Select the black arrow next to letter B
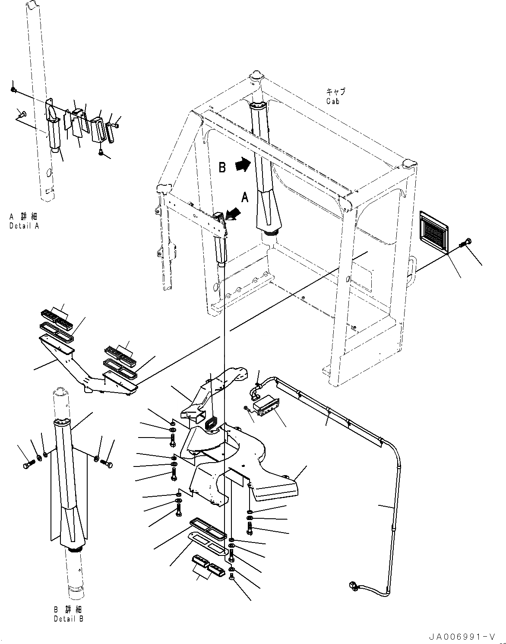pos(243,164)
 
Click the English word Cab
pos(332,101)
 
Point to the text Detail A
pos(24,226)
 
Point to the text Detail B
pos(68,619)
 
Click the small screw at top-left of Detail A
pos(14,89)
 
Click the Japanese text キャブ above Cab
pos(335,92)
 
